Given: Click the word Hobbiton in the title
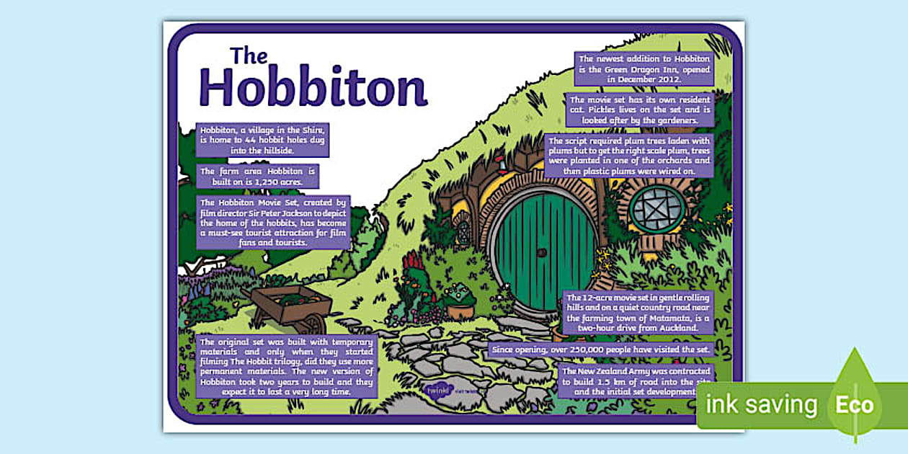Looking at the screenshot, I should pos(313,87).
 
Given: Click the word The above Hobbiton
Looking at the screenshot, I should pos(249,56).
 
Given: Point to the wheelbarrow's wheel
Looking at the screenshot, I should pos(316,324).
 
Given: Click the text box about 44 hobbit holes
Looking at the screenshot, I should pos(262,139).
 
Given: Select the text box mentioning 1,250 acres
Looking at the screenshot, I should pos(257,177).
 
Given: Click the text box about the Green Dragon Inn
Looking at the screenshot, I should pos(644,68).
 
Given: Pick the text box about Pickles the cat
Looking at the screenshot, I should pos(630,110).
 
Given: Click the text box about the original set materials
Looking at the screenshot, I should pos(286,366).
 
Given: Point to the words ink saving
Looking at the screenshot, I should pos(762,405).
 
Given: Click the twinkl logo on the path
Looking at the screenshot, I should pos(437,390).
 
